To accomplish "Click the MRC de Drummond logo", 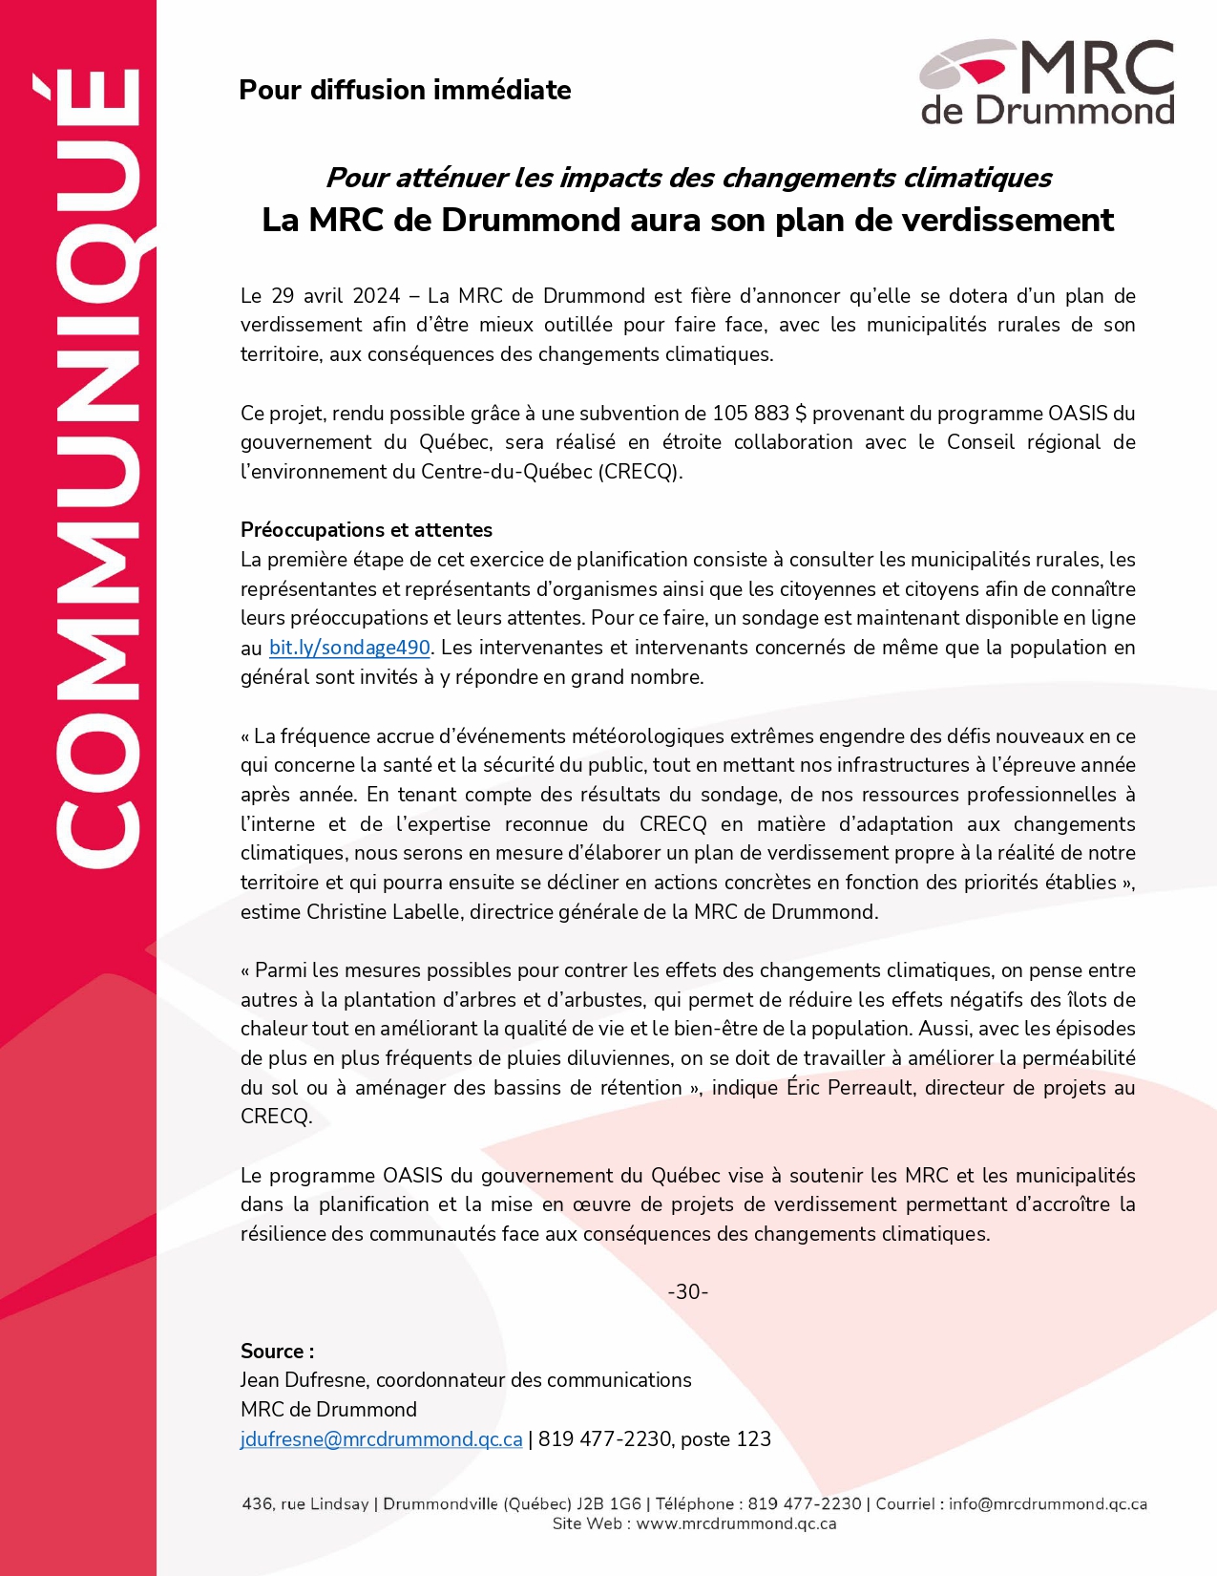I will point(1047,82).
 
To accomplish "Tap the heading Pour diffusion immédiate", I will point(405,90).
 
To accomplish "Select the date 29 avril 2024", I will point(336,296).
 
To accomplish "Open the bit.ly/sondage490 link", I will point(349,648).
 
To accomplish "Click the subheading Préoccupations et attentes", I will point(367,530).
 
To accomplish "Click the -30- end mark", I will point(687,1292).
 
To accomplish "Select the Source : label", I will point(277,1352).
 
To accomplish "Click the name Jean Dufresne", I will point(304,1380).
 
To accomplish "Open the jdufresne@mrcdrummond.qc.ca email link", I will point(381,1439).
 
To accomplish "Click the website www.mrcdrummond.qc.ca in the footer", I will point(736,1524).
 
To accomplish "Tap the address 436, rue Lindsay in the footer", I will point(305,1504).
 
